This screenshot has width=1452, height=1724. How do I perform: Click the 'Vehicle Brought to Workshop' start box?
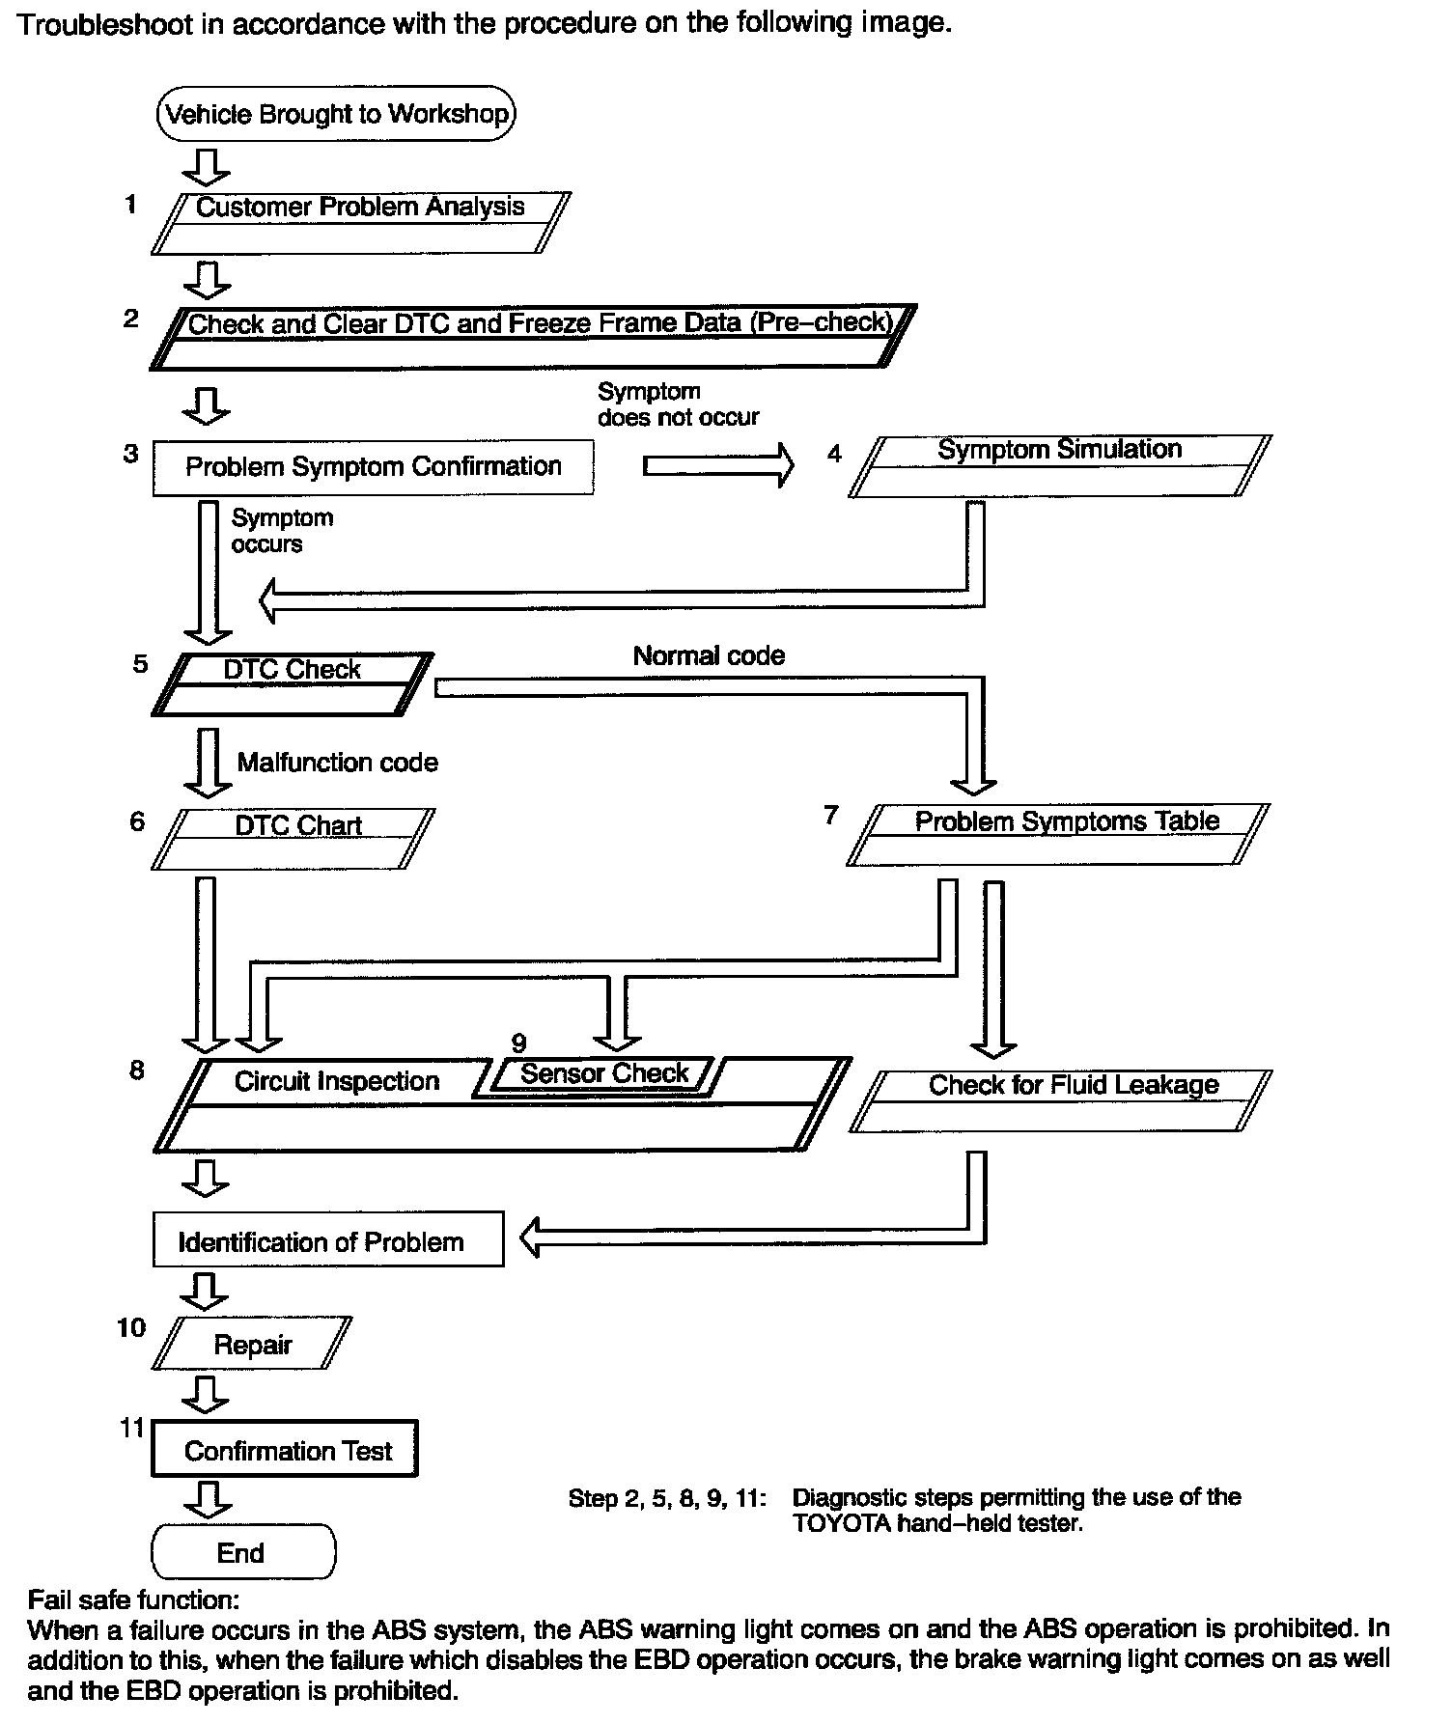point(337,114)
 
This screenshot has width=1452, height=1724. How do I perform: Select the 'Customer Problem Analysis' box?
point(360,222)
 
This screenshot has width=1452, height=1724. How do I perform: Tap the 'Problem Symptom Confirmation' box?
point(373,467)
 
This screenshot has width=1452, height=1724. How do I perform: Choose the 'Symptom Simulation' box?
point(1059,465)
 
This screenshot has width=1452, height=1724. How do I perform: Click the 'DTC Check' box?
point(292,683)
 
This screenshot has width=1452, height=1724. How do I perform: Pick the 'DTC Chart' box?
point(293,838)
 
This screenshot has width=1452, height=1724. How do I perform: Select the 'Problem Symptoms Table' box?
point(1057,834)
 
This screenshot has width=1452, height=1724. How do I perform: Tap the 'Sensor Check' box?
point(604,1073)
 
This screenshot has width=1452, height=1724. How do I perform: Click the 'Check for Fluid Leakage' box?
point(1062,1099)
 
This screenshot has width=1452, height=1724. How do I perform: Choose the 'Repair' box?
point(252,1344)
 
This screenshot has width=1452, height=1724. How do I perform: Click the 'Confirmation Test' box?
point(286,1450)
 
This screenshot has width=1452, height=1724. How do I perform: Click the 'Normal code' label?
point(709,655)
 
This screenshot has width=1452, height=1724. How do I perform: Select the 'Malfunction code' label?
point(337,763)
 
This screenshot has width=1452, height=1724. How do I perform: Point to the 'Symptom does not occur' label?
point(678,404)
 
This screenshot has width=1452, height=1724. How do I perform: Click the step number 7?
point(830,816)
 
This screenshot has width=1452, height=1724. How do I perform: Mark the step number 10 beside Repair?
point(131,1328)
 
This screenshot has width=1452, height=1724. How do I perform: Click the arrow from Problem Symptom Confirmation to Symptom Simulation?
point(717,466)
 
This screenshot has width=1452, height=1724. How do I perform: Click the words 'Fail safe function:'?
point(133,1600)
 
